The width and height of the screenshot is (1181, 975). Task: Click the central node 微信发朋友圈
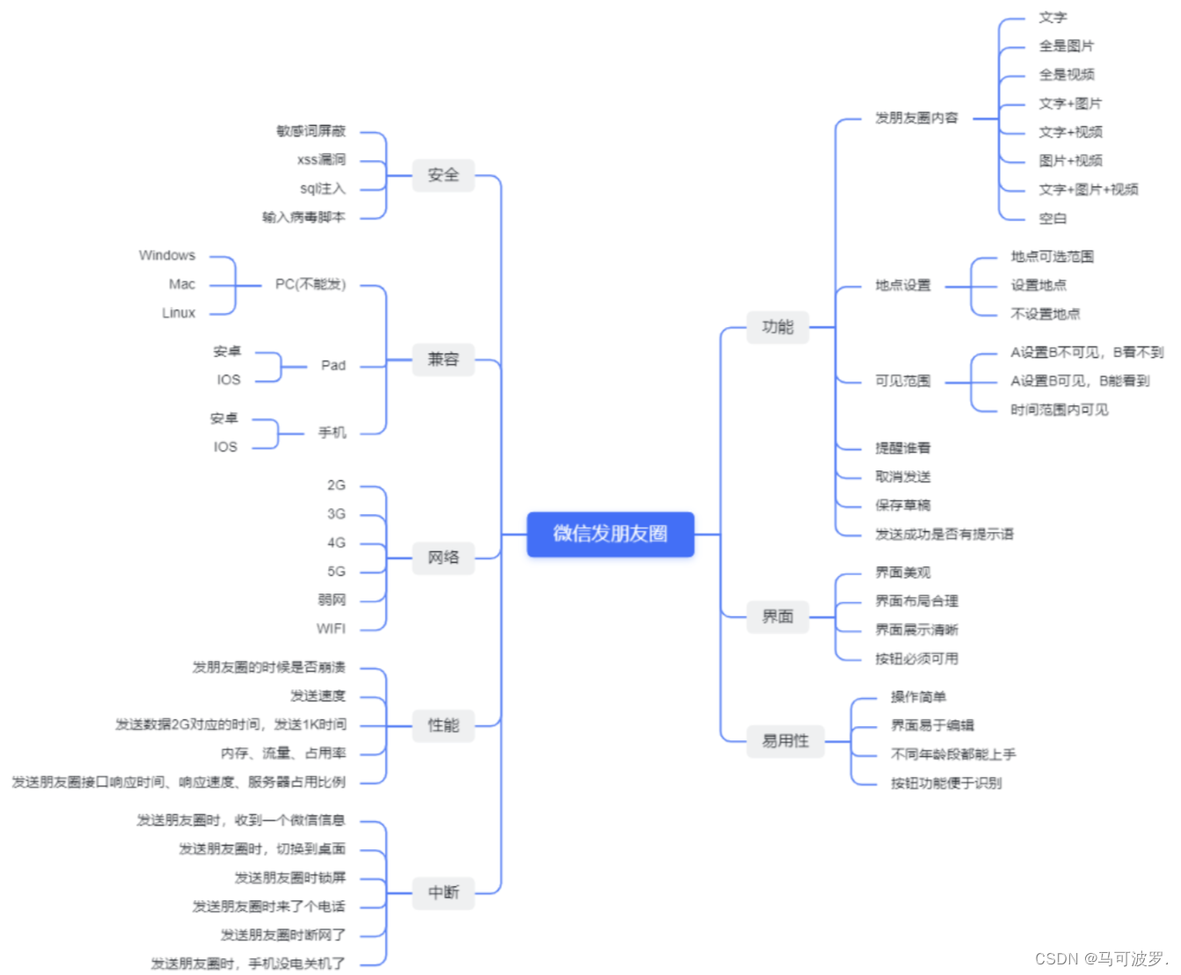tap(610, 534)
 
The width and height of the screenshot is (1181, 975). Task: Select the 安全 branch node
tap(443, 175)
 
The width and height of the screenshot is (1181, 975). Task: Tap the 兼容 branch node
tap(443, 359)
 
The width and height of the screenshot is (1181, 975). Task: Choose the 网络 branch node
tap(443, 557)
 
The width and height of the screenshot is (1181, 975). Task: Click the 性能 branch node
tap(443, 725)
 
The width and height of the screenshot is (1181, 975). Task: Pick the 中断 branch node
tap(443, 892)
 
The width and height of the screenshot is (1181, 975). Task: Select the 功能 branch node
tap(777, 327)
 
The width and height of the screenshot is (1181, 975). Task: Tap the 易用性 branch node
tap(785, 741)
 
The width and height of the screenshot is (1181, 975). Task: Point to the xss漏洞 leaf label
tap(322, 160)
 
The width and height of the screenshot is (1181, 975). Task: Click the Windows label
tap(167, 256)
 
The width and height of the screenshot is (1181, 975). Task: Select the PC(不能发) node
tap(310, 285)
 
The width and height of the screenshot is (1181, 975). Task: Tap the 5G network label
tap(337, 571)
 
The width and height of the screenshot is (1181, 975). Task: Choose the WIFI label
tap(332, 629)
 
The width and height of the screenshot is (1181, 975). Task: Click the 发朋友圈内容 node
tap(916, 118)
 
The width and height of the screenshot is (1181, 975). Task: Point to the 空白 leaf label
tap(1053, 218)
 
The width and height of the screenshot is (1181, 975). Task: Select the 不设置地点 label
tap(1046, 314)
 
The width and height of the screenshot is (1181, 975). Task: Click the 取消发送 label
tap(903, 477)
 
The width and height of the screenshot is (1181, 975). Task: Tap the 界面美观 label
tap(903, 572)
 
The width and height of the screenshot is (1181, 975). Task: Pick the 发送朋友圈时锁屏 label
tap(290, 877)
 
